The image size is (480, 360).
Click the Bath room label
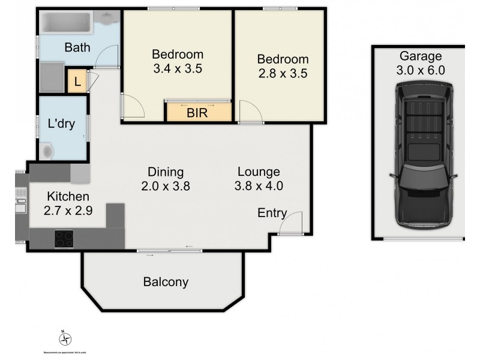click(77, 47)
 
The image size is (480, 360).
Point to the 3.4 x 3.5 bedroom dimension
click(177, 68)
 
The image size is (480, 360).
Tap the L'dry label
click(61, 125)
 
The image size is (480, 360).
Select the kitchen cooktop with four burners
click(64, 239)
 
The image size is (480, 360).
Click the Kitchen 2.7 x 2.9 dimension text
click(68, 211)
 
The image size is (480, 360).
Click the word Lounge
click(258, 171)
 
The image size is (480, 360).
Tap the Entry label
click(272, 213)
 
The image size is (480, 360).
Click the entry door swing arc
click(291, 223)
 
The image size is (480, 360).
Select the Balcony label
click(166, 281)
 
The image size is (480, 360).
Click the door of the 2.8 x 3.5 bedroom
click(249, 112)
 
